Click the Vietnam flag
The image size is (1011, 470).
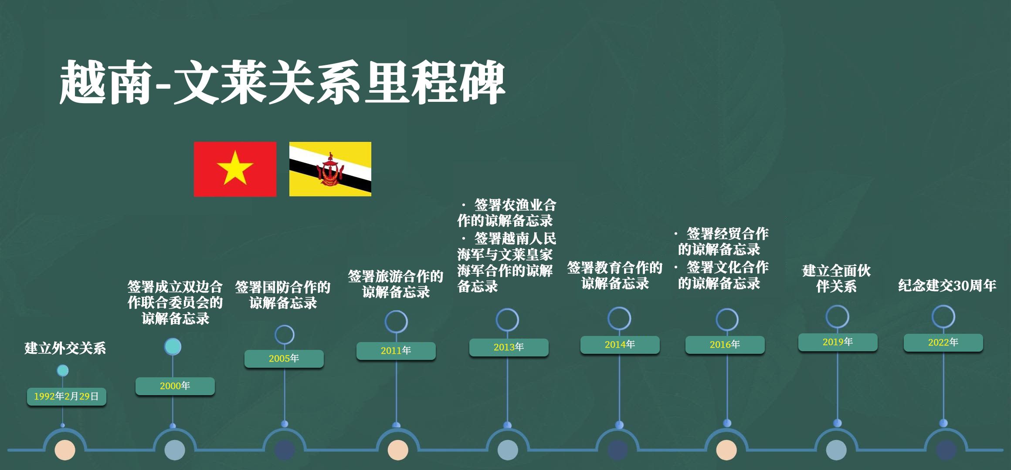click(235, 169)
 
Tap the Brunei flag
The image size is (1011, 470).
click(330, 169)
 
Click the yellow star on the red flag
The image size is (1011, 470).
click(235, 168)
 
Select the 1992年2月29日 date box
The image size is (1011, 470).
click(67, 396)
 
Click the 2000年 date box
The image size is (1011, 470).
click(175, 386)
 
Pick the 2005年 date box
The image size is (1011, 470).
click(284, 359)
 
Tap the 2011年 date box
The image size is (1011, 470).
click(396, 351)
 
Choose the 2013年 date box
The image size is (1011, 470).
click(509, 347)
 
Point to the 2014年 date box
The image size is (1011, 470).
click(620, 345)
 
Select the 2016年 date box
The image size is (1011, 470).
click(725, 345)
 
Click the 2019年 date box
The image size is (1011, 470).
click(838, 342)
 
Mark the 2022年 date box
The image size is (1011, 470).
click(943, 342)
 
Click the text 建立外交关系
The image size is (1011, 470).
click(65, 348)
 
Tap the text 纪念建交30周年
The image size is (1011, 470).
click(947, 285)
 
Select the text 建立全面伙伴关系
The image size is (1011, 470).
click(837, 279)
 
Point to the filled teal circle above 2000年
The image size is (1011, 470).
click(173, 346)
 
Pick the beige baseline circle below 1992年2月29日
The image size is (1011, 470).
click(65, 450)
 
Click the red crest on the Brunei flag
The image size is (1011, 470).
click(330, 170)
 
